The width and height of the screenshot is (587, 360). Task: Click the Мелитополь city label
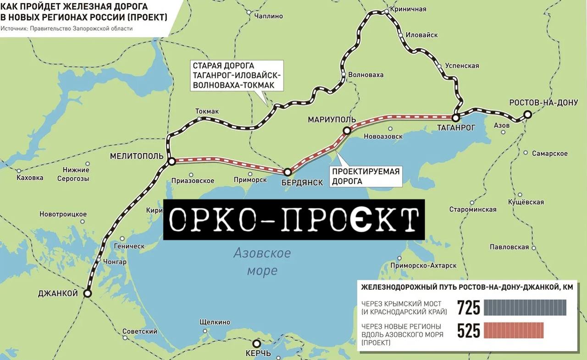coord(137,156)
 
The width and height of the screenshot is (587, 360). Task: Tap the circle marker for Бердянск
coord(288,172)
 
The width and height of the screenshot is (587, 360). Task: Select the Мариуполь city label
coord(332,120)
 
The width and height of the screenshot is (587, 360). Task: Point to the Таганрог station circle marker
coord(456,117)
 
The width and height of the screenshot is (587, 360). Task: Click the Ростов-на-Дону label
coord(543,103)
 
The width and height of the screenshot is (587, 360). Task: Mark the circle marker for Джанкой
coord(87,293)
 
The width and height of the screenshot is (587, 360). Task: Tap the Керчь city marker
coord(257,343)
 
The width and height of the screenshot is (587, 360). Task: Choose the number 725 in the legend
coord(469,308)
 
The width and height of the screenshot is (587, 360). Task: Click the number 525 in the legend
coord(469,330)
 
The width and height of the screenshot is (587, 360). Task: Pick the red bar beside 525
coord(514,330)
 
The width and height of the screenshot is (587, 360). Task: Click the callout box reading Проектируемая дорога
coord(365,177)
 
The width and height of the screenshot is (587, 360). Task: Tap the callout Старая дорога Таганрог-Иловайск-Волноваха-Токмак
coord(236,75)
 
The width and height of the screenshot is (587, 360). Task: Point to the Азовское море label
coord(262,261)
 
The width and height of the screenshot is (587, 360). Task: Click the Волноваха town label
coord(365,75)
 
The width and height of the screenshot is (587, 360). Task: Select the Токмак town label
coord(207,111)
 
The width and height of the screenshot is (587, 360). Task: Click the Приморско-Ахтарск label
coord(423,266)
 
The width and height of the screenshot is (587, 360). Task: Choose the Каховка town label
coord(30,177)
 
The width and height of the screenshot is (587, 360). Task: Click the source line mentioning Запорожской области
coord(66,28)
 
